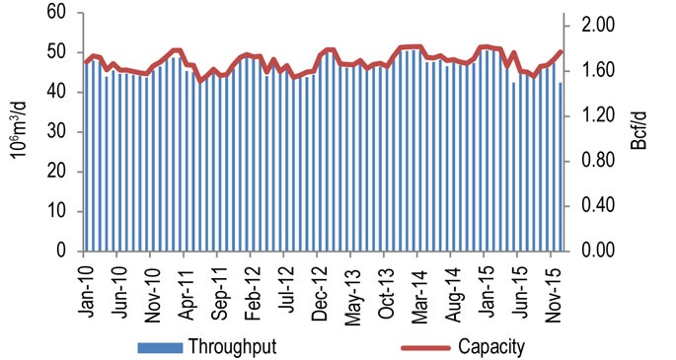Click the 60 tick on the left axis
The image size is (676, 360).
[55, 13]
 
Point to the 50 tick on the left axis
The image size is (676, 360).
[55, 52]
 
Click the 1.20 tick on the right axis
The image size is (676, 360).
[597, 115]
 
